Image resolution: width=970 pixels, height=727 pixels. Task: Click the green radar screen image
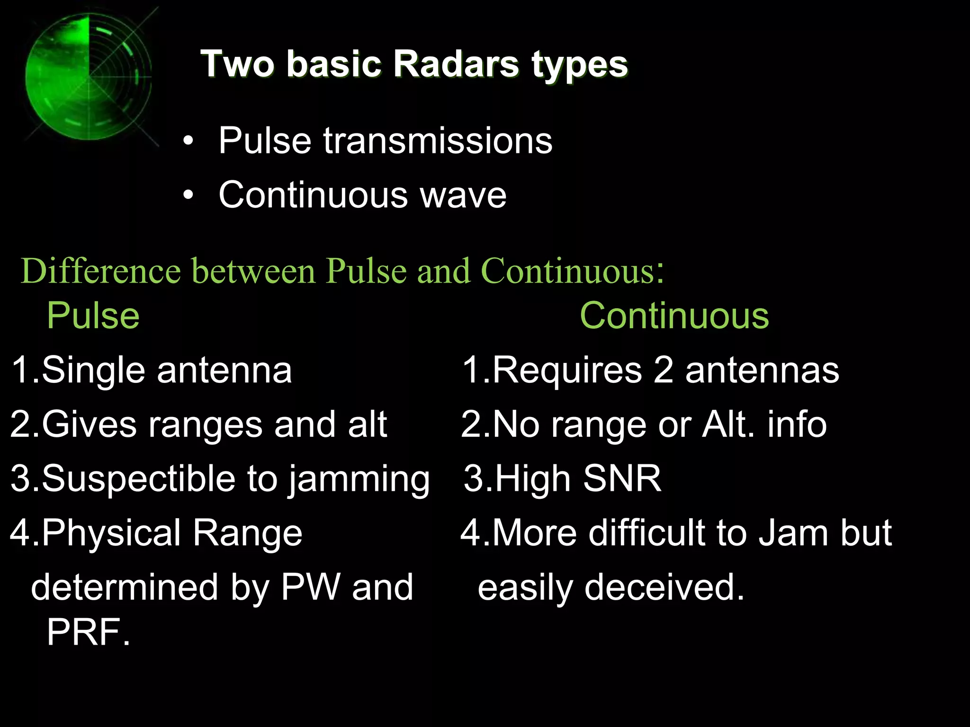click(89, 77)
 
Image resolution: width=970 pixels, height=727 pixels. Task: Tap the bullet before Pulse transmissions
click(189, 141)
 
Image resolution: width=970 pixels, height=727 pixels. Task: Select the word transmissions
click(438, 141)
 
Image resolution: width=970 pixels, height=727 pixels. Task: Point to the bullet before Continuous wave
click(189, 195)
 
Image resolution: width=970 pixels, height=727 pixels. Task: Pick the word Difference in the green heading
click(101, 271)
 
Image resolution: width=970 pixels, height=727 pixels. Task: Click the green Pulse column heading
click(93, 316)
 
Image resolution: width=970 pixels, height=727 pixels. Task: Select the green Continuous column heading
click(674, 316)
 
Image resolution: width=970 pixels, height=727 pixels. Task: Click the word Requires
click(567, 370)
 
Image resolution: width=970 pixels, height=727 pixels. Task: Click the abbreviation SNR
click(622, 479)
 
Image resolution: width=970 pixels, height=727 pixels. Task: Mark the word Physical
click(111, 533)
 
